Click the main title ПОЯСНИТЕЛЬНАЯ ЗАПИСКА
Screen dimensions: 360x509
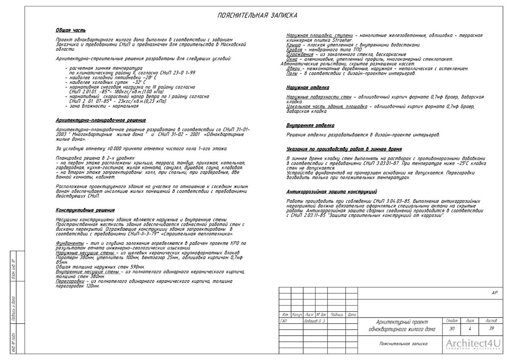click(x=257, y=16)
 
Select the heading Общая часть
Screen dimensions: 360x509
click(x=70, y=31)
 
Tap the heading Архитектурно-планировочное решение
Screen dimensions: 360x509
click(x=101, y=121)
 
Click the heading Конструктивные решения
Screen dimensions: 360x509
click(x=85, y=210)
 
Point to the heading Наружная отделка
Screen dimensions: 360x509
click(x=308, y=88)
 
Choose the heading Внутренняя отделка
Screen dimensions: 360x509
click(x=310, y=126)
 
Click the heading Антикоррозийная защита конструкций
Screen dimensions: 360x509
click(x=332, y=191)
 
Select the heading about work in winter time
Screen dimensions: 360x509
click(x=344, y=149)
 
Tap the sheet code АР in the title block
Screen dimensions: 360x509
click(x=494, y=293)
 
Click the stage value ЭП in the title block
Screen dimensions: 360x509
click(x=452, y=329)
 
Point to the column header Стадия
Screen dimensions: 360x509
click(x=452, y=321)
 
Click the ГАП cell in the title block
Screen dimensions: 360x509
click(x=284, y=321)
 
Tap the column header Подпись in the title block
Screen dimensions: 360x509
click(x=337, y=315)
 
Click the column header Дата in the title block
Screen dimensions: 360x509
click(x=352, y=315)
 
